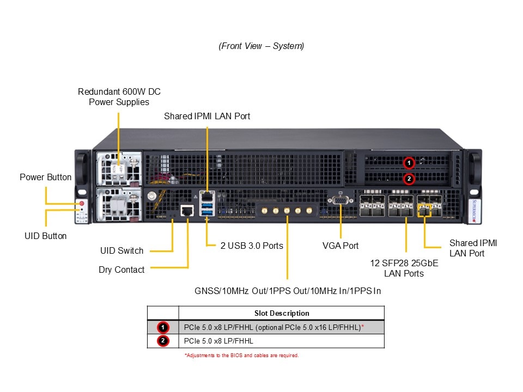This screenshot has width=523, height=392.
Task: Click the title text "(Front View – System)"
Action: pos(261,46)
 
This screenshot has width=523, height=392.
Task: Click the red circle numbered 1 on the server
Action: pos(409,163)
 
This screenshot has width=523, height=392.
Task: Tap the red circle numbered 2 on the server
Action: pos(409,179)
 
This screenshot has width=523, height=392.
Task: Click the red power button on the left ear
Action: pos(82,204)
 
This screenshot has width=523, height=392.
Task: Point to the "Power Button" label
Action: pos(45,177)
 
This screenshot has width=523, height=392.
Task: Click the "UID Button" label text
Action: pos(46,236)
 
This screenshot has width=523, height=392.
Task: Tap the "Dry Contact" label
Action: pos(121,269)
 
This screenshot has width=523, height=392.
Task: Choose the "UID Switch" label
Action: pos(121,250)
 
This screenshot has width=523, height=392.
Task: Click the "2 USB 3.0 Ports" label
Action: pos(252,246)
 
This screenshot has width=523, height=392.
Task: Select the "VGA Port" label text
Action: pos(340,246)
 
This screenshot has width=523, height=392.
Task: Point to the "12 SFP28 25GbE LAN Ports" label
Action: pos(404,268)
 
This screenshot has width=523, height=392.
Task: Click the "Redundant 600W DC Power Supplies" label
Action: pos(119,97)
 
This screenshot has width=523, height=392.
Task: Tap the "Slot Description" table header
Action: pos(282,313)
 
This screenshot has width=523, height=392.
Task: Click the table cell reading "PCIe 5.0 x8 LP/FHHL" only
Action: pos(219,341)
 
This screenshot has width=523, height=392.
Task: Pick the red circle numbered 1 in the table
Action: pos(163,327)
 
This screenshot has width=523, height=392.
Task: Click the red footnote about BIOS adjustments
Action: pos(241,356)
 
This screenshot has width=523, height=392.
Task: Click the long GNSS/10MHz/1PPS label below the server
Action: pos(288,291)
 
